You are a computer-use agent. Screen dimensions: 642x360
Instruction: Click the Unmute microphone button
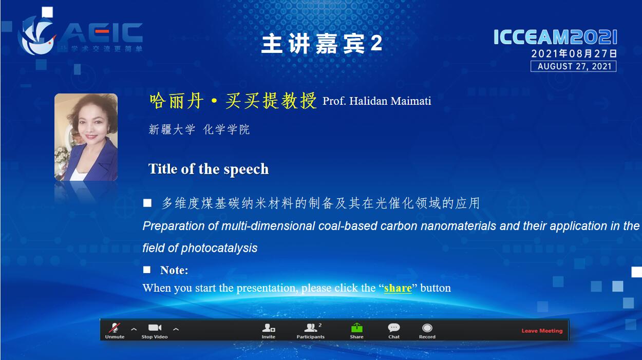[115, 331]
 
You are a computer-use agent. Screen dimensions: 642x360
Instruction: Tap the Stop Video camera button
[155, 331]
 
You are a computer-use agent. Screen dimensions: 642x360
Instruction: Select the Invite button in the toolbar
[269, 331]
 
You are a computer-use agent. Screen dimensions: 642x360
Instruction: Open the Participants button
[310, 331]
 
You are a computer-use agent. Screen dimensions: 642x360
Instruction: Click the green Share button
[356, 331]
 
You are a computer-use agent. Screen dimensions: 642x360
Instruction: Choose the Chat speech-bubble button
[394, 331]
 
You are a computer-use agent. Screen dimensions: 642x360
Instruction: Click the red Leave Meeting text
[542, 331]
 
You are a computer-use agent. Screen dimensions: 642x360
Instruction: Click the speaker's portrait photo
[86, 137]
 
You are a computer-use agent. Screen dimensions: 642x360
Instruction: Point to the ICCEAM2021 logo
[555, 37]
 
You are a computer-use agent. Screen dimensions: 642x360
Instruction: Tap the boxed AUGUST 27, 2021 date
[574, 66]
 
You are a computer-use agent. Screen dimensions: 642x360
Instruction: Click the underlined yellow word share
[398, 288]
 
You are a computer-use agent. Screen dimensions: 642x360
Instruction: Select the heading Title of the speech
[209, 169]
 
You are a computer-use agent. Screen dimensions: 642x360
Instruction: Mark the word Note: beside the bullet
[174, 270]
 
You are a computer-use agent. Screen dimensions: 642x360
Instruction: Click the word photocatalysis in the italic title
[219, 248]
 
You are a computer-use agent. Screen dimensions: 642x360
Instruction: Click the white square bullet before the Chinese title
[147, 203]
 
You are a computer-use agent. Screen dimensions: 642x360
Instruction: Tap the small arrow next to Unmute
[134, 329]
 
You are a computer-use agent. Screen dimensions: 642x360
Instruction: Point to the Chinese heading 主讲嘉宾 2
[322, 44]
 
